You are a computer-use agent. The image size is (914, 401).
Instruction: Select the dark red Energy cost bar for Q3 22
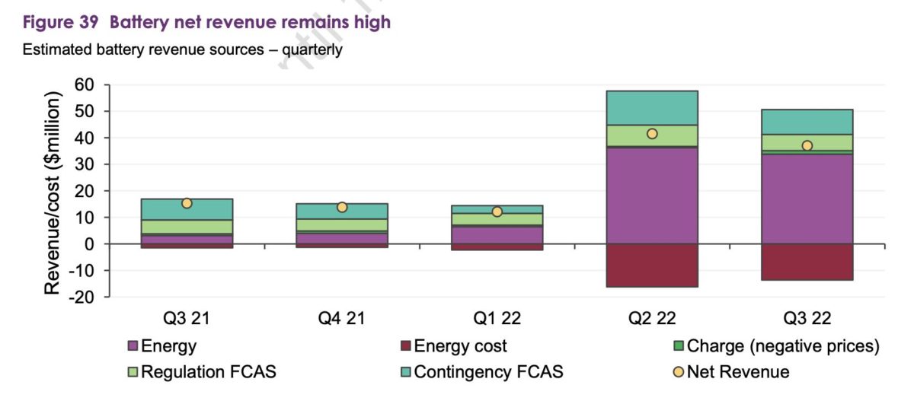tap(807, 262)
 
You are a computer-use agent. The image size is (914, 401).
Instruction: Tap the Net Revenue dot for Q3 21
tap(187, 203)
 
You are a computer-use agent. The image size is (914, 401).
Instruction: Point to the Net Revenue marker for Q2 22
tap(652, 134)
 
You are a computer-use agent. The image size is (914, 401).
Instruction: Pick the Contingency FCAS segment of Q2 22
tap(652, 107)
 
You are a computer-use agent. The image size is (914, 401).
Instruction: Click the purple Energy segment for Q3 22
tap(807, 199)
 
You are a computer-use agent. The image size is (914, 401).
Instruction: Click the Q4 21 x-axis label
tap(341, 317)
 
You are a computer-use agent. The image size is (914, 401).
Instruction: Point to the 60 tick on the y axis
tap(86, 84)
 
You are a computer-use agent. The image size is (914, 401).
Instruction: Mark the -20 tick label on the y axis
tap(81, 298)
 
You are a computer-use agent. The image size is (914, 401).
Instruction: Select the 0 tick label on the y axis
tap(91, 244)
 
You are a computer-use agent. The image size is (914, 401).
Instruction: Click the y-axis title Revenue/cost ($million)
tap(53, 194)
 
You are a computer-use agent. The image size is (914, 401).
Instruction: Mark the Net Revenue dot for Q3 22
tap(807, 145)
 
